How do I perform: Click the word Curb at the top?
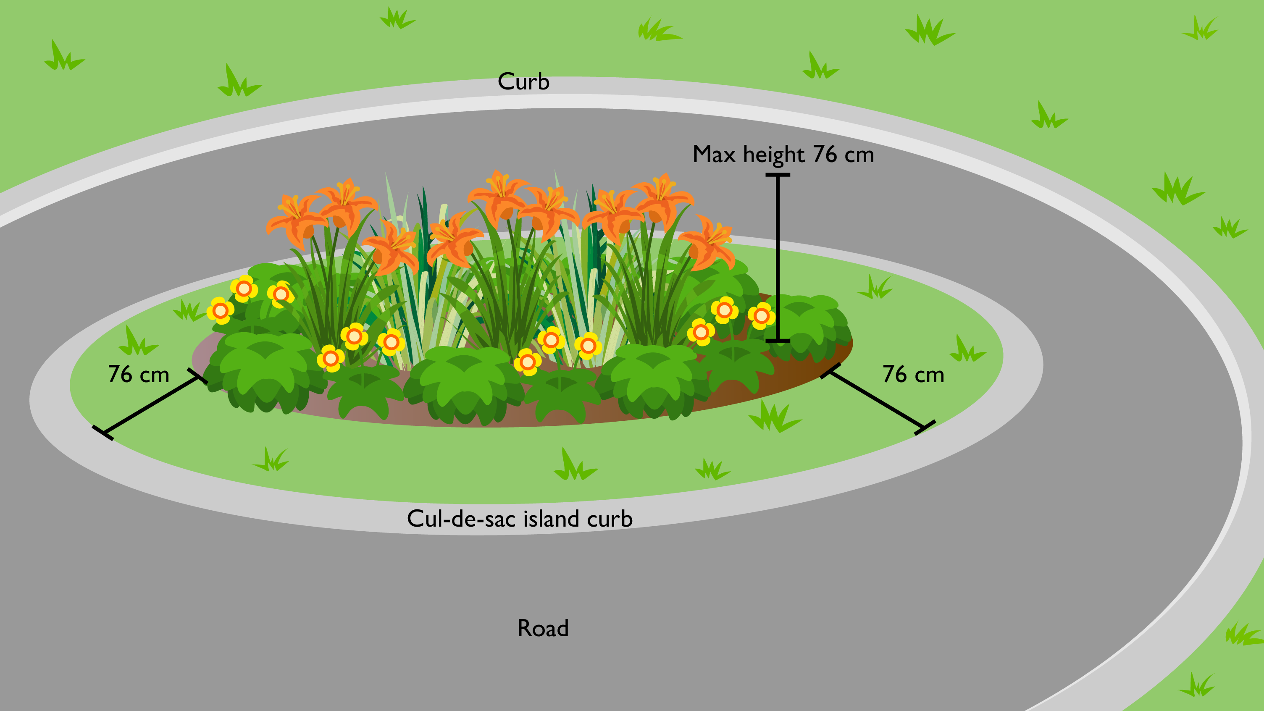coord(523,81)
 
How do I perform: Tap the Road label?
coord(543,628)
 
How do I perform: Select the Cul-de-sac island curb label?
coord(519,519)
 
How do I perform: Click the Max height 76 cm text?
coord(783,155)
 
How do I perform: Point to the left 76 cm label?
coord(138,374)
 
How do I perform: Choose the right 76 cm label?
coord(913,374)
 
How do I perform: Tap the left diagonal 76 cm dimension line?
coord(150,405)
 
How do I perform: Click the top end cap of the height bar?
coord(778,175)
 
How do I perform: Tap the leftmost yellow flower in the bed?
coord(220,311)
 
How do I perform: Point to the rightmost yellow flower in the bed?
coord(761,316)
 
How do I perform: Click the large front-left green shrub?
coord(265,370)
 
